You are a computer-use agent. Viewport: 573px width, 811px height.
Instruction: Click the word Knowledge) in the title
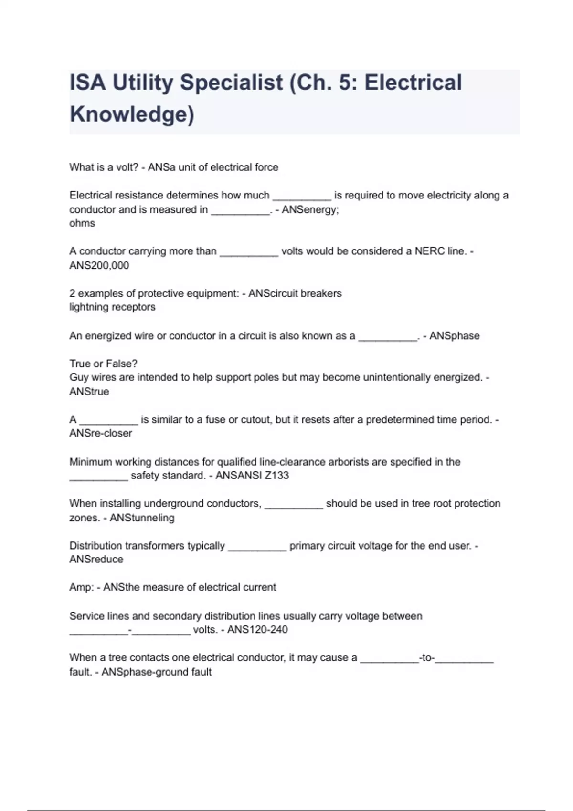click(x=132, y=114)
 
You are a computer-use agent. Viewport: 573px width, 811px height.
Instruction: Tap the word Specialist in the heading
click(x=232, y=82)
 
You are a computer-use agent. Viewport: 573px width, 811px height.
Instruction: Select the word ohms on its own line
click(x=82, y=223)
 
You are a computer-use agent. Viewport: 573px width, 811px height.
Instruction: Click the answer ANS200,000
click(x=99, y=266)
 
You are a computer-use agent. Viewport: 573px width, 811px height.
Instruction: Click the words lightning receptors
click(x=112, y=307)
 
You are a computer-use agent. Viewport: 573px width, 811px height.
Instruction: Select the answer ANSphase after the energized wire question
click(x=454, y=336)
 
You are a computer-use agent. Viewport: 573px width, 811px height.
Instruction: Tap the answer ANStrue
click(x=89, y=392)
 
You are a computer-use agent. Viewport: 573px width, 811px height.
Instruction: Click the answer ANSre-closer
click(x=101, y=433)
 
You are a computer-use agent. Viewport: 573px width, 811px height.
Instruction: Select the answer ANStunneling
click(x=142, y=518)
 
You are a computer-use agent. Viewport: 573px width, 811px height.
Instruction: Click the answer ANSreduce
click(x=96, y=559)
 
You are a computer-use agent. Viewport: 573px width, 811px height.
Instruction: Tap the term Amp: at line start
click(x=82, y=587)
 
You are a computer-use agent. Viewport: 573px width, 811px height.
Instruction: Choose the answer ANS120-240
click(x=257, y=630)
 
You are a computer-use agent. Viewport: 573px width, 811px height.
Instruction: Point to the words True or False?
click(x=104, y=364)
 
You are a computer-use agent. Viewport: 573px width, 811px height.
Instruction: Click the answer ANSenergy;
click(x=310, y=209)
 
